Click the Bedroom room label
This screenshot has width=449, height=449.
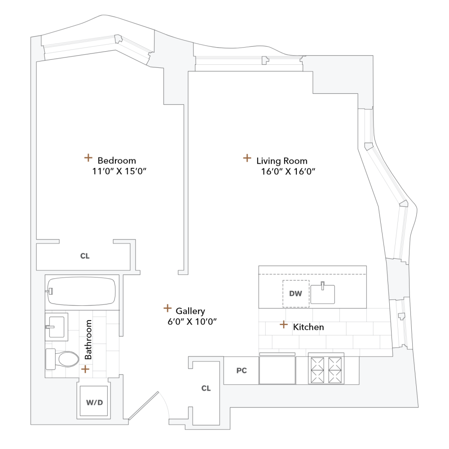117,160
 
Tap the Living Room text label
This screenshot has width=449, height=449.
282,161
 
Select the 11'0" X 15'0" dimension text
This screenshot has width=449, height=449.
119,171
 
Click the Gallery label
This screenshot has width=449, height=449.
190,311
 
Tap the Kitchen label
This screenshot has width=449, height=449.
308,327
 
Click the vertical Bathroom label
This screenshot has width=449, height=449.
88,339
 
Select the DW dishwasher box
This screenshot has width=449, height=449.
295,294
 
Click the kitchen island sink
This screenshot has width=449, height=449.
323,294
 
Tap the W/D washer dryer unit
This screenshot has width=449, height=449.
94,402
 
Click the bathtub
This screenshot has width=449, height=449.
82,291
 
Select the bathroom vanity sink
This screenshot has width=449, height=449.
57,324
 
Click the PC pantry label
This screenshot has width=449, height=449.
242,371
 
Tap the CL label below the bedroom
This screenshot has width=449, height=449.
85,256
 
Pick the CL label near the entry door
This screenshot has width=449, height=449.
206,388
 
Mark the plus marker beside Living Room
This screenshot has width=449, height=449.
247,158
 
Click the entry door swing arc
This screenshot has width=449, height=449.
163,406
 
